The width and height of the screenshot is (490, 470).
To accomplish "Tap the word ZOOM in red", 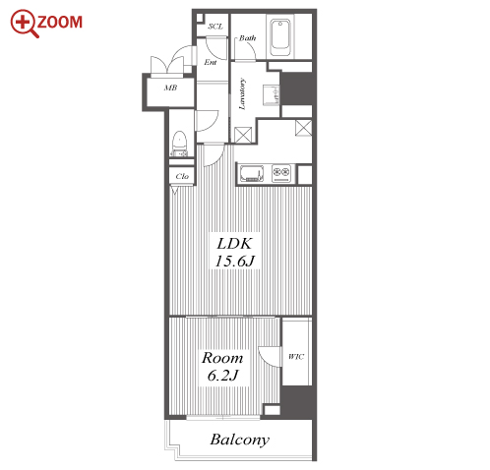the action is click(x=60, y=22).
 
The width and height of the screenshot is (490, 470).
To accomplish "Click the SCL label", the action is click(x=215, y=27).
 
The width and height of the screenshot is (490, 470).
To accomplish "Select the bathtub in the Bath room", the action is click(x=280, y=38).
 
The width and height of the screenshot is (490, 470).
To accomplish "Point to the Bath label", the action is click(x=247, y=38).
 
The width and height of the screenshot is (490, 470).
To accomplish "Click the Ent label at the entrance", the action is click(x=211, y=62).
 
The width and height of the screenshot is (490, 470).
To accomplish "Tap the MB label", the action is click(x=170, y=88).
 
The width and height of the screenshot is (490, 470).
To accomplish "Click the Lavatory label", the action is click(x=242, y=93).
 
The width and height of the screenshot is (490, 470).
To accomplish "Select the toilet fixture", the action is click(x=179, y=144).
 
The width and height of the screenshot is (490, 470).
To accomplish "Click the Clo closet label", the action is click(x=182, y=176).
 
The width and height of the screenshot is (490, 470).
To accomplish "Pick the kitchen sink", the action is click(x=252, y=173).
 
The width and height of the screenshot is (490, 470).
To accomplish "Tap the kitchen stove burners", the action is click(x=281, y=173).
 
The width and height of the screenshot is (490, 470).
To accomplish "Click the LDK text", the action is click(x=234, y=244).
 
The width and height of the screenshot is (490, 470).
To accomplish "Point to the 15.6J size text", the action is click(x=234, y=262).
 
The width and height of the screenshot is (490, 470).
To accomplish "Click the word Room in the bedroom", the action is click(x=222, y=358).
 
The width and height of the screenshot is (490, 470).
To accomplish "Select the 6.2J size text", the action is click(x=222, y=375).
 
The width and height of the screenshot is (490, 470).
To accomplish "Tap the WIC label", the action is click(x=296, y=357).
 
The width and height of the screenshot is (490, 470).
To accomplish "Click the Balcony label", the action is click(x=240, y=440).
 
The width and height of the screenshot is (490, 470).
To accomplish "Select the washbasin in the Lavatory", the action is click(x=271, y=95).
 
